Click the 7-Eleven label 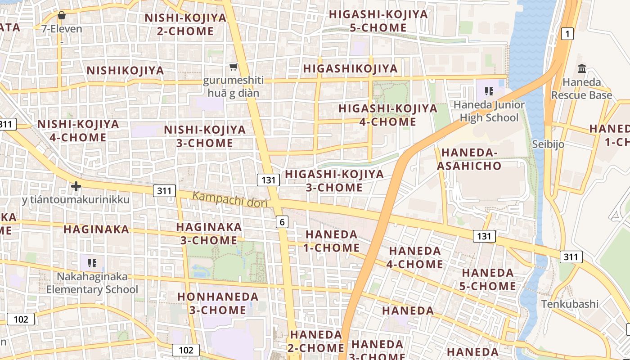62,29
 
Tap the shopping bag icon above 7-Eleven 62,16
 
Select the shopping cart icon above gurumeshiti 233,67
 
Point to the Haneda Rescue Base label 581,89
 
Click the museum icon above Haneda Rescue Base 582,69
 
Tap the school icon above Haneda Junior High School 489,91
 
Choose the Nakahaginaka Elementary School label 92,283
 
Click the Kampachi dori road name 230,199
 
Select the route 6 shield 282,221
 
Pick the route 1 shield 567,33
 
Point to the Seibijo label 548,144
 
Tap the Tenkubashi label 570,304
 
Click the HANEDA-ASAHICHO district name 469,159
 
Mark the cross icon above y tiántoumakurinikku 76,186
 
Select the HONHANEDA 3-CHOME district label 218,303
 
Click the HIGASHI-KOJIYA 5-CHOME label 378,21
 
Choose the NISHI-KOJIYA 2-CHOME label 185,24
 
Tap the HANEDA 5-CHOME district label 488,279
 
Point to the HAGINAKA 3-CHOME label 209,234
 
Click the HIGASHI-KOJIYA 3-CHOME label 334,180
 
